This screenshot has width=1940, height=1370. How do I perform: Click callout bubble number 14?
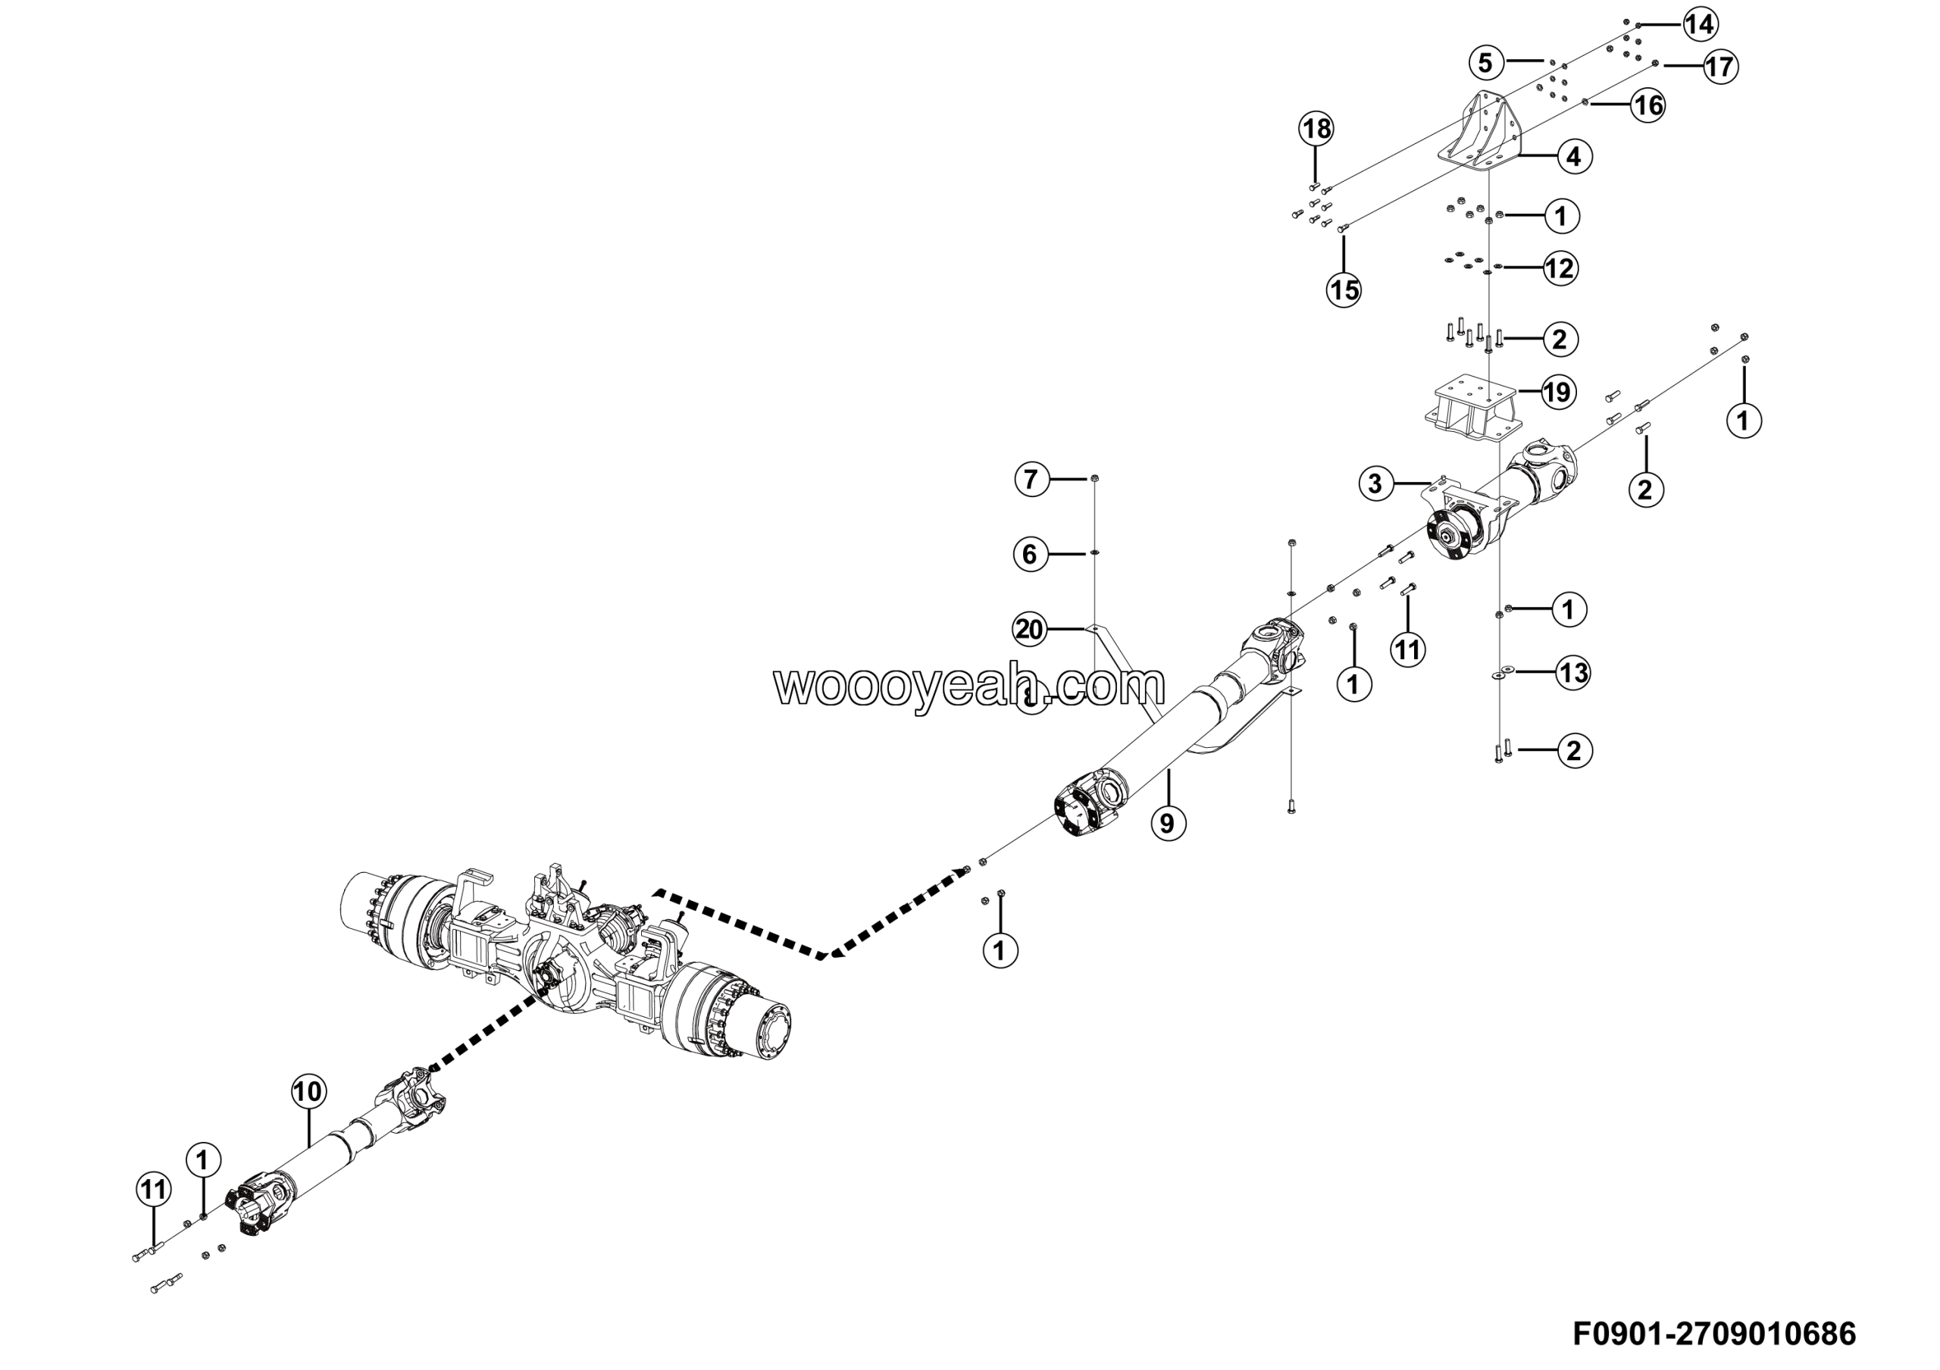(1699, 24)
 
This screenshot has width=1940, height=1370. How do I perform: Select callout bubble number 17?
(1720, 67)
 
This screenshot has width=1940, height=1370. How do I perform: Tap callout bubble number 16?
(1647, 105)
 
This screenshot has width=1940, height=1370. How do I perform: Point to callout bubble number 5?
(1485, 61)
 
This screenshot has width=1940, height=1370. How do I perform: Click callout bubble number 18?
(1316, 130)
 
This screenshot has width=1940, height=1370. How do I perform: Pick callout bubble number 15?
(1344, 289)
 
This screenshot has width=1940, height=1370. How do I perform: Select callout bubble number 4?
(1574, 157)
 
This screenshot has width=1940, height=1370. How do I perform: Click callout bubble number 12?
(1560, 268)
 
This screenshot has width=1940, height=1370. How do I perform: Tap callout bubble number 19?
(1557, 392)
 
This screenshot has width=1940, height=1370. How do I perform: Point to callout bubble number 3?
(1375, 484)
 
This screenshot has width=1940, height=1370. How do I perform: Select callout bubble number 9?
(1167, 822)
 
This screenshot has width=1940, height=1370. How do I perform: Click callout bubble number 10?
(308, 1091)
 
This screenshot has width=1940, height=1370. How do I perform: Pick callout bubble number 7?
(1031, 480)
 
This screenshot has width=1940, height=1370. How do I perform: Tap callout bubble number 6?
(1030, 554)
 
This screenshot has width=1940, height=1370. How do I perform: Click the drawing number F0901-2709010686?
(1714, 1334)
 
